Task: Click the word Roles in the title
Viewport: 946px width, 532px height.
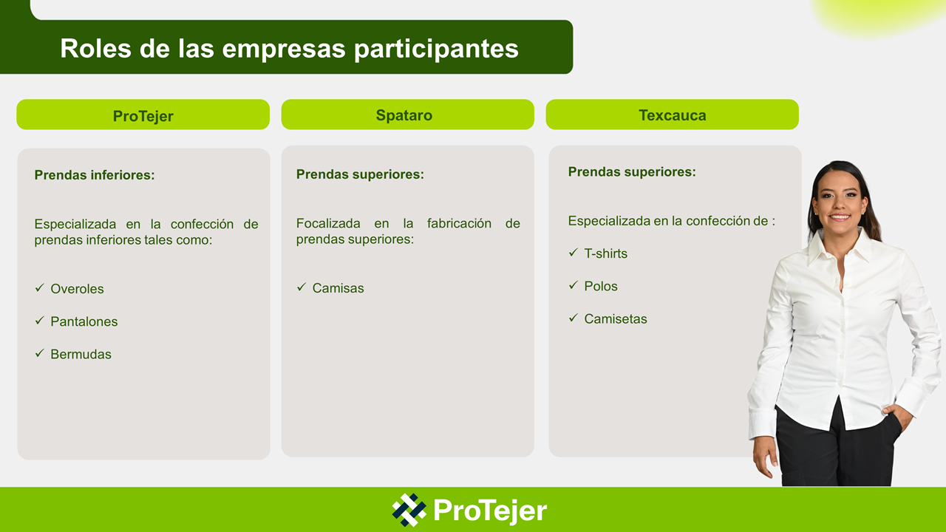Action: point(96,48)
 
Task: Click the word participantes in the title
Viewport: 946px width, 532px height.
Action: point(436,50)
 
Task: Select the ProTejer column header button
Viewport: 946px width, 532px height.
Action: point(143,115)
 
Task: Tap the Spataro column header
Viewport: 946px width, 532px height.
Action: point(407,115)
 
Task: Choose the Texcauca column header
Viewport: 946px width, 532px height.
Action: point(673,115)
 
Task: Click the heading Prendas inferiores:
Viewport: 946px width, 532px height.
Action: point(95,175)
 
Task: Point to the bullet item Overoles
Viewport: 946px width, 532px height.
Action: point(77,289)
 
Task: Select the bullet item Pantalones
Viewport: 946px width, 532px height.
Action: point(84,321)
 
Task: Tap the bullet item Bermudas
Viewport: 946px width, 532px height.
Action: point(81,354)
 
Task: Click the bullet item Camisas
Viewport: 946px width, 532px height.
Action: point(338,288)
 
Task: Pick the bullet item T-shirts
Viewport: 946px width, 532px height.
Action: point(605,253)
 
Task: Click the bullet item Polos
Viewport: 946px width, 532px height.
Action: point(601,286)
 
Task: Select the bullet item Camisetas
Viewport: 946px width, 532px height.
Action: point(616,318)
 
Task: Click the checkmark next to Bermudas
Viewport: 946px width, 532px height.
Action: point(40,353)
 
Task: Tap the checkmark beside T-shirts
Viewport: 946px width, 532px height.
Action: point(573,253)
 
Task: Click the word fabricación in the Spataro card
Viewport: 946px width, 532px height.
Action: point(459,223)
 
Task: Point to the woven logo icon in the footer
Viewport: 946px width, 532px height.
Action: point(409,510)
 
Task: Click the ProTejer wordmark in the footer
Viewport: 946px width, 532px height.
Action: point(490,511)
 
